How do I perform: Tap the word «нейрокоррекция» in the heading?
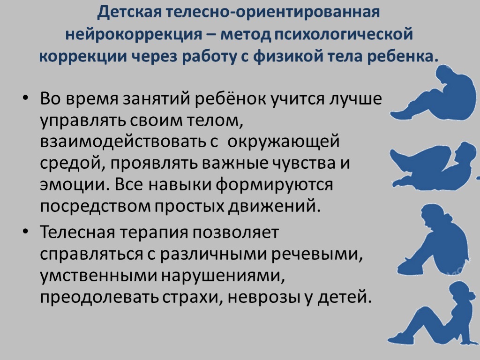click(134, 34)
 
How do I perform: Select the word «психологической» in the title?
click(344, 34)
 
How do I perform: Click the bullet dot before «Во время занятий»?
click(25, 98)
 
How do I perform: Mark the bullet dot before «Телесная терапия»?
click(25, 232)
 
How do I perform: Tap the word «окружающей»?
click(284, 142)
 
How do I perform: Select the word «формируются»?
click(274, 185)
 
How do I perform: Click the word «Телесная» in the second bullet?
click(76, 232)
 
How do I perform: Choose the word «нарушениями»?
click(223, 276)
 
